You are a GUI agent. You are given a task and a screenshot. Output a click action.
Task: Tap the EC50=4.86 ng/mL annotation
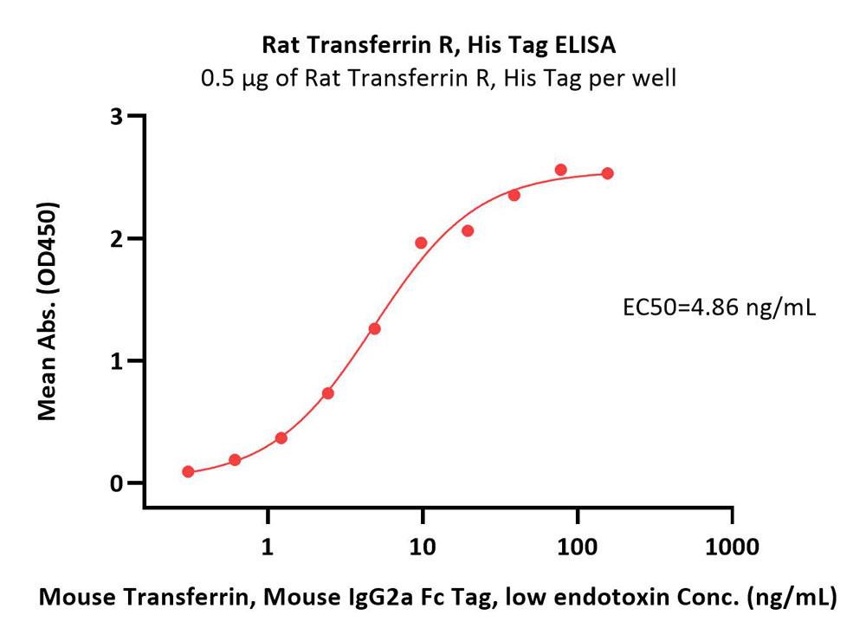point(720,308)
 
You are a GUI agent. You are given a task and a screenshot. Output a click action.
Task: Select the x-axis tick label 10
point(422,547)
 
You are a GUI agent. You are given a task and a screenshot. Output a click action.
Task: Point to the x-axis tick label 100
point(577,547)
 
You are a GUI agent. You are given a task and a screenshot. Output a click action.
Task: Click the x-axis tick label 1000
point(732,547)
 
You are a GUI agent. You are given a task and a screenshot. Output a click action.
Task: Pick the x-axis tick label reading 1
point(268,547)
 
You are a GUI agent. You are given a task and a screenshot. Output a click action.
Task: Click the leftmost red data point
point(188,472)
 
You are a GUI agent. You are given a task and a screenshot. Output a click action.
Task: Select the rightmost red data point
point(607,173)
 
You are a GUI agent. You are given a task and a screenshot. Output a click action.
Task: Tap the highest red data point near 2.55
point(560,170)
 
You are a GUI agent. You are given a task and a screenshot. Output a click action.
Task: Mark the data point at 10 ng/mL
point(421,243)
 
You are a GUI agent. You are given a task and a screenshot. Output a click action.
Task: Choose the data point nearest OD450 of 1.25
point(374,328)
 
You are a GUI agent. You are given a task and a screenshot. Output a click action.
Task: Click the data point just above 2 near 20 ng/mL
point(468,230)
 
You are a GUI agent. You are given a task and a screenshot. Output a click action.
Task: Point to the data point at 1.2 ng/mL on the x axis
point(281,437)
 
